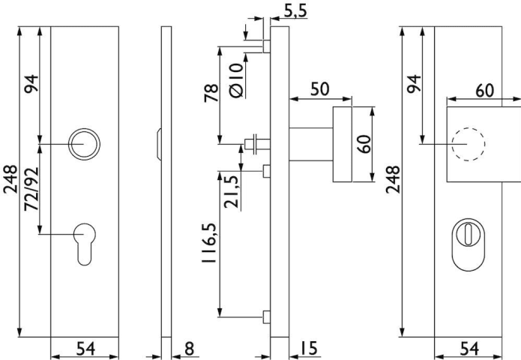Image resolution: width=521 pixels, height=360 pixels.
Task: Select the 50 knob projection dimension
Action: [319, 88]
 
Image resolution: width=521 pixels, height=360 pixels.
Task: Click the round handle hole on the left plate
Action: [82, 143]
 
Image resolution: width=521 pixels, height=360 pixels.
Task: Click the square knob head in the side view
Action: [342, 144]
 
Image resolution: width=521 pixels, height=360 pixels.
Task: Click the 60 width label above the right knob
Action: [484, 89]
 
